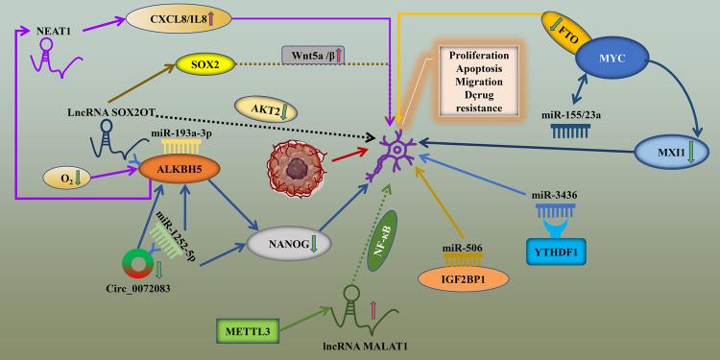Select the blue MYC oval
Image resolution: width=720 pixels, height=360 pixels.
coord(619,59)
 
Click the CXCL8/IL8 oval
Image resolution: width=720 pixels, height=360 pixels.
coord(173,16)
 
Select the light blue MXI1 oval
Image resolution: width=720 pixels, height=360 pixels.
coord(670,150)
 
